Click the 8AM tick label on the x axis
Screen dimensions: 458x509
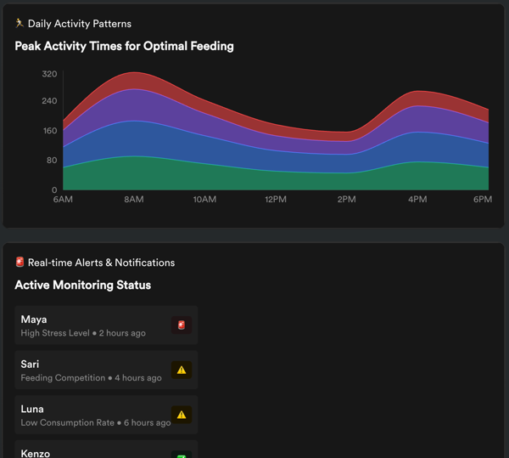(133, 200)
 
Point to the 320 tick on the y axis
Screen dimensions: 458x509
(49, 75)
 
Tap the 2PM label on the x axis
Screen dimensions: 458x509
(346, 200)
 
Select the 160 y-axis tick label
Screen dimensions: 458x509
(49, 131)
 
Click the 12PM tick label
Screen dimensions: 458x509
(275, 200)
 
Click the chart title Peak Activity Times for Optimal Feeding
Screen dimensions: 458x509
(124, 46)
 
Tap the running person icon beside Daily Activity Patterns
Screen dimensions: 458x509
(20, 24)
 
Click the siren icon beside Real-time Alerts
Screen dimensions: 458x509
(20, 263)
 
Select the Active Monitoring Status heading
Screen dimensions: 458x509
(82, 286)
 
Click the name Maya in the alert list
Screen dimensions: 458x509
(35, 319)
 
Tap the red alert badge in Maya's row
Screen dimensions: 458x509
(181, 325)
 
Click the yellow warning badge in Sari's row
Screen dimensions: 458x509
(181, 370)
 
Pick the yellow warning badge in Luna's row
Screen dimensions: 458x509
(181, 415)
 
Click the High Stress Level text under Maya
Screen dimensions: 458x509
(55, 333)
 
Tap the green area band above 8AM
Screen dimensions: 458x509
(133, 173)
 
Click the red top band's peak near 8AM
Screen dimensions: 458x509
(133, 81)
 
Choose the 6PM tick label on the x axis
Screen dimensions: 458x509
(482, 200)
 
